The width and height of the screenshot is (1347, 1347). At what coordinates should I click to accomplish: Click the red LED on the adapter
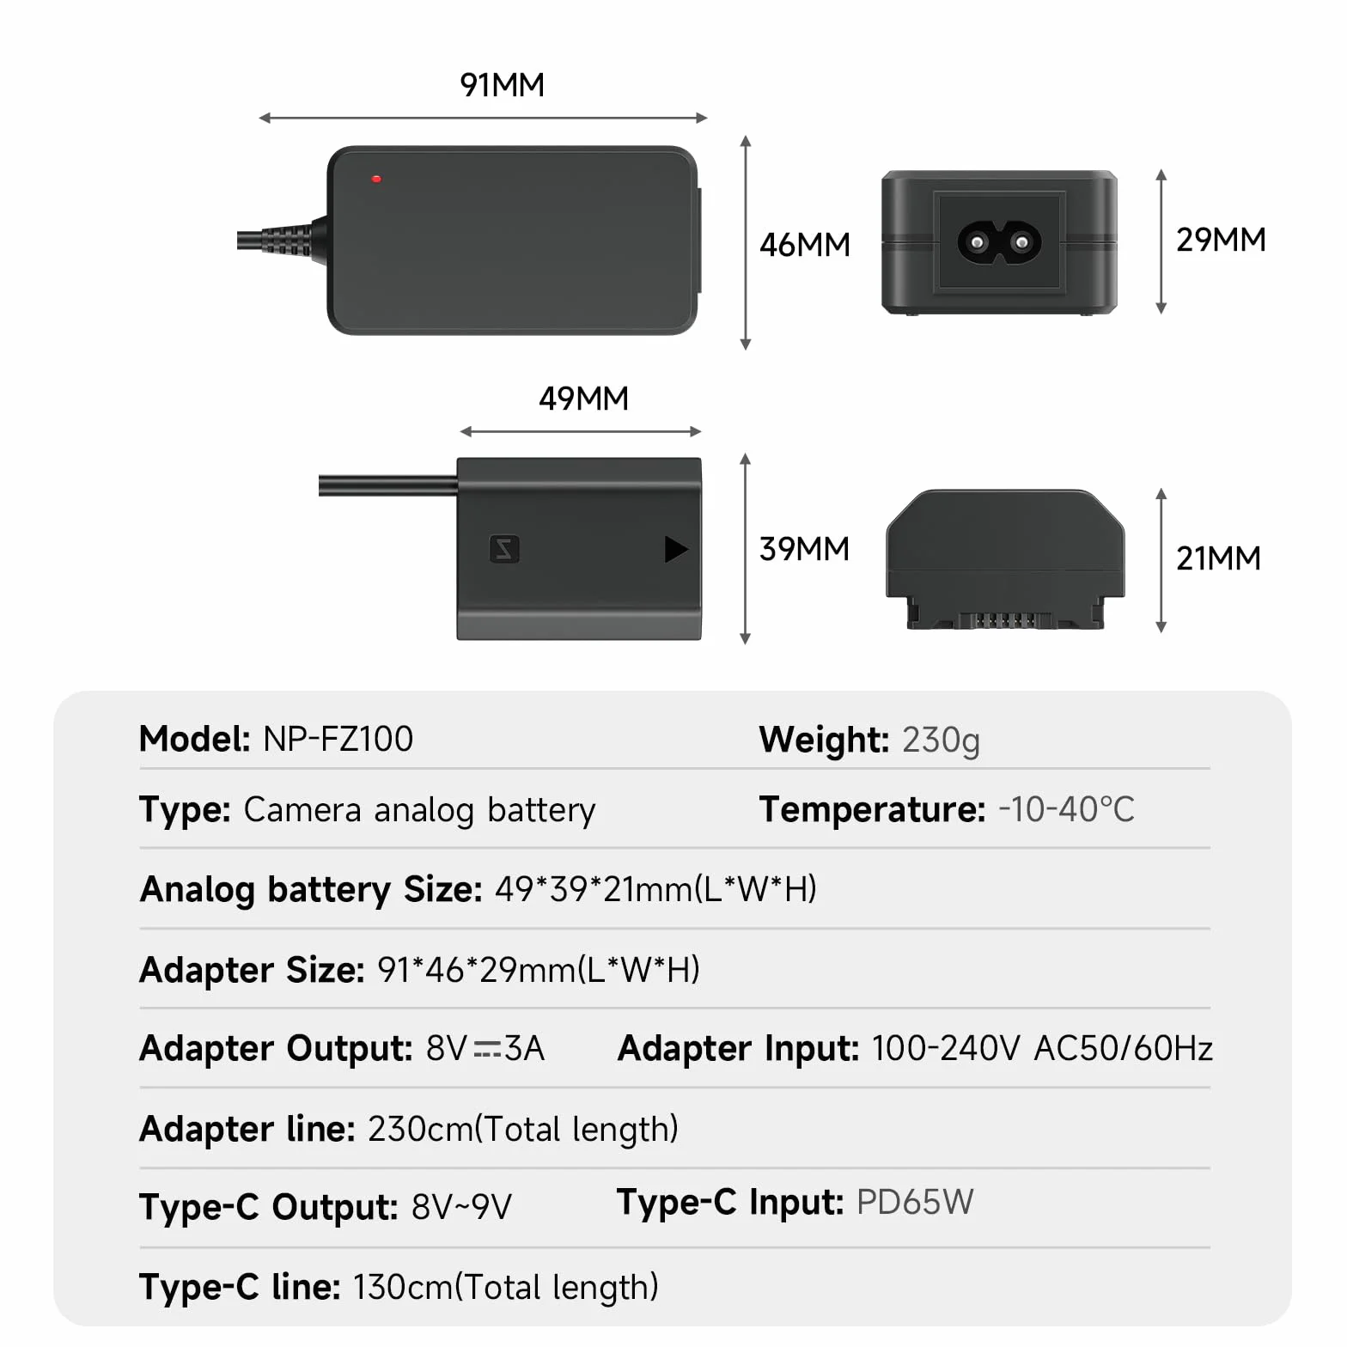click(376, 180)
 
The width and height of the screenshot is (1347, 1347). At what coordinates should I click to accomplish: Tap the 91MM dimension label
click(503, 85)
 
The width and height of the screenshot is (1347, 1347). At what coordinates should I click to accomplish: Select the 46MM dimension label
click(805, 245)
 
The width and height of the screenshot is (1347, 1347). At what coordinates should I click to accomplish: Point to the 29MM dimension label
click(1221, 240)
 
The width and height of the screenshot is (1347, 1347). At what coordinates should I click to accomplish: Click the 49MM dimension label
click(584, 399)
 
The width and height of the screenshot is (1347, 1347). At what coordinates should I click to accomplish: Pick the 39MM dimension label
click(805, 549)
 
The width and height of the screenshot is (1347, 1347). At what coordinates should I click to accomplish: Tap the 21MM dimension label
click(1219, 558)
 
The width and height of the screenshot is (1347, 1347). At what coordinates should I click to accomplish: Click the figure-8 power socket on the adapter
click(1000, 243)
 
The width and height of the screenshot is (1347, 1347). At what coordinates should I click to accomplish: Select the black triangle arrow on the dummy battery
click(676, 549)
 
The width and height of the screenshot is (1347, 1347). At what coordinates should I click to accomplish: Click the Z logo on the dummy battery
click(504, 549)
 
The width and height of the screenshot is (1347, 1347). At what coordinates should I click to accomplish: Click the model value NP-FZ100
click(338, 739)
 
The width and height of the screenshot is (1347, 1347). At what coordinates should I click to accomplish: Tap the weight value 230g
click(941, 741)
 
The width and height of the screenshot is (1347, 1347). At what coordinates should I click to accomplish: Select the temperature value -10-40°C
click(1066, 809)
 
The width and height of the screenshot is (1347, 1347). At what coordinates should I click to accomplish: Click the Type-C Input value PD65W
click(915, 1202)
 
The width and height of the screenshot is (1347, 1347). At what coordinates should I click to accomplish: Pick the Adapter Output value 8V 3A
click(485, 1048)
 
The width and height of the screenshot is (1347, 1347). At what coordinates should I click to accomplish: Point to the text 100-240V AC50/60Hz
click(1042, 1048)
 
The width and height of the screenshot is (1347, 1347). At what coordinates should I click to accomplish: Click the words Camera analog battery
click(419, 810)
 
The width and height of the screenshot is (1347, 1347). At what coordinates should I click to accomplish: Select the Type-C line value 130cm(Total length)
click(505, 1288)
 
